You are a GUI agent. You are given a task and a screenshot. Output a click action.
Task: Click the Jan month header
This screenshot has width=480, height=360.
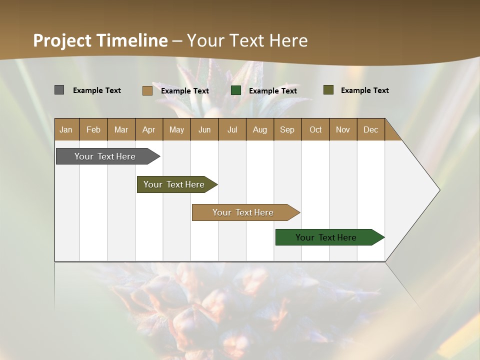[66, 129]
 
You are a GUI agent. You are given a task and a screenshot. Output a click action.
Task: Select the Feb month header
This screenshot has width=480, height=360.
[93, 129]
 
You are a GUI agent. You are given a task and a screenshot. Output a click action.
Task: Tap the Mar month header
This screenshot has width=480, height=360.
[121, 129]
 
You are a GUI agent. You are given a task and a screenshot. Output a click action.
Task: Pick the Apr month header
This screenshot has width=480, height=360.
[148, 129]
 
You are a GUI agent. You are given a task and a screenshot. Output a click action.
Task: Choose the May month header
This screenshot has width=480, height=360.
[176, 129]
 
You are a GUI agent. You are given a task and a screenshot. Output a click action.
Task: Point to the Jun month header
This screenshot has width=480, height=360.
[204, 129]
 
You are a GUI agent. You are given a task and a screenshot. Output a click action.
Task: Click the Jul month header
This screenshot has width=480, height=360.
[232, 129]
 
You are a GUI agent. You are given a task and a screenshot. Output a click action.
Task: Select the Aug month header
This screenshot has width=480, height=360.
[260, 129]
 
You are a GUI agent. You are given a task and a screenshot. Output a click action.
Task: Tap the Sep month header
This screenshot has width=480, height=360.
[287, 129]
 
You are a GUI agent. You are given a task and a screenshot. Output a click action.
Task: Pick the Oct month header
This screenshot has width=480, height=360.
[315, 129]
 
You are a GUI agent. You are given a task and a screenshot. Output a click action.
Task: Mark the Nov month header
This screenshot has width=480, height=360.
[343, 129]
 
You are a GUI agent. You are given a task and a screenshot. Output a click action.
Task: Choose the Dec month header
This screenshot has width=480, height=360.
[371, 129]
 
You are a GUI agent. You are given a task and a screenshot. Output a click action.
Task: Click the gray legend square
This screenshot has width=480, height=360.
[59, 90]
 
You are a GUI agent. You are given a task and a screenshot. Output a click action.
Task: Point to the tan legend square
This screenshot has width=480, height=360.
[147, 90]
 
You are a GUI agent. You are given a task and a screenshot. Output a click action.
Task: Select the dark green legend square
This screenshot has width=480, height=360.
[236, 90]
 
